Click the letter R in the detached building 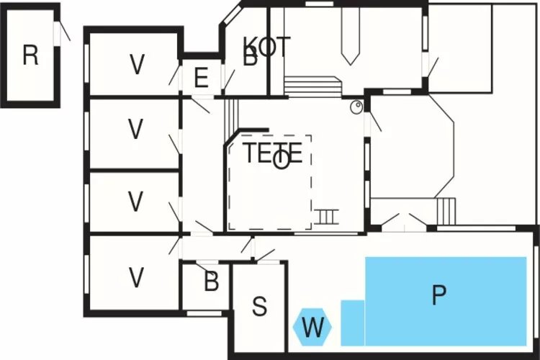(30, 55)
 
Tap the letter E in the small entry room (201, 78)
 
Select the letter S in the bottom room (260, 306)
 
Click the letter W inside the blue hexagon (313, 328)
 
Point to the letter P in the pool (438, 295)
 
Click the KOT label (267, 47)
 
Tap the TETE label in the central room (273, 153)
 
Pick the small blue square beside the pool (352, 322)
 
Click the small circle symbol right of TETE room (356, 107)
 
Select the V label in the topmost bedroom (137, 66)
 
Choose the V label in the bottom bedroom (136, 276)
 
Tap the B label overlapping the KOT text (250, 58)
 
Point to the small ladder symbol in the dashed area (325, 216)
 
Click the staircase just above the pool (446, 210)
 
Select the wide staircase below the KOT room (312, 88)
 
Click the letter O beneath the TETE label (283, 160)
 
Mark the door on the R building (63, 32)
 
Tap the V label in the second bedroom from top (136, 130)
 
